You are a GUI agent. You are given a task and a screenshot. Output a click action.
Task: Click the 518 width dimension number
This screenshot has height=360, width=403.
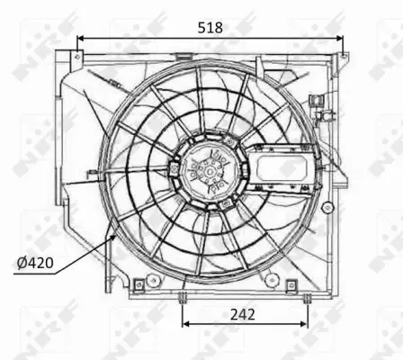210,28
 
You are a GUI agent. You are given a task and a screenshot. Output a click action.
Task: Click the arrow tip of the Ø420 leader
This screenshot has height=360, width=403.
111,229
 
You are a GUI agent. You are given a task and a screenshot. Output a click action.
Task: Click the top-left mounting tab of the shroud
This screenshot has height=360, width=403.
78,57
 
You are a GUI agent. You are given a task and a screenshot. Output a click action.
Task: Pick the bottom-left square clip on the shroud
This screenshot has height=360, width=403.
139,286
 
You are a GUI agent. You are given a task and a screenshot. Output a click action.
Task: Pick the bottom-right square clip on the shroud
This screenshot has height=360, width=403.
291,286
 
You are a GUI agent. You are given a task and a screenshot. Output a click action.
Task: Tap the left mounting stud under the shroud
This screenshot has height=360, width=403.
183,298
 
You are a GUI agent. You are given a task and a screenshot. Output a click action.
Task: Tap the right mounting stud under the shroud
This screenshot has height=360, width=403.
306,298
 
